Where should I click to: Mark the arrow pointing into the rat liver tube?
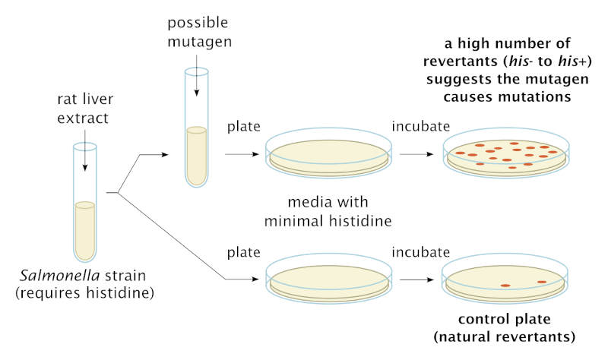pyautogui.click(x=84, y=156)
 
